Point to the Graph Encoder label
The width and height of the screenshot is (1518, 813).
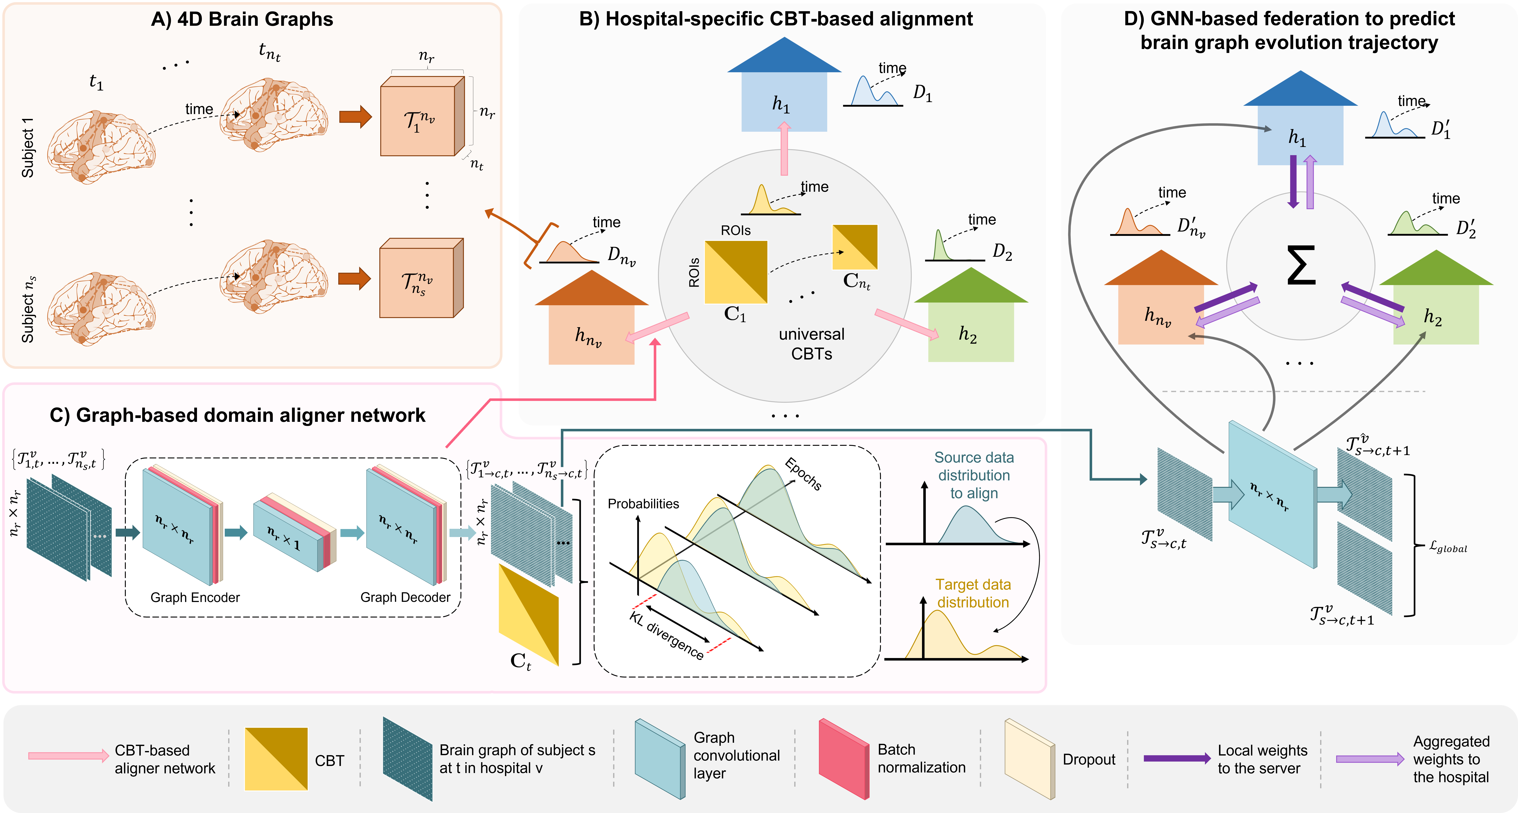195,597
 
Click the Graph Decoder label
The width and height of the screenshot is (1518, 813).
405,597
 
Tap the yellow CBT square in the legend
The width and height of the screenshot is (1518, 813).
276,759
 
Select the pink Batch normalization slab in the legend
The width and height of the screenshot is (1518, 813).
844,759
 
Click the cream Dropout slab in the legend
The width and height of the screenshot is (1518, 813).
1029,759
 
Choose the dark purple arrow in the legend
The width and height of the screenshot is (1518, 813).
1177,759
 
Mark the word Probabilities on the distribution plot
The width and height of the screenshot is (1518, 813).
643,504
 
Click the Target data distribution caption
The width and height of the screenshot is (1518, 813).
973,593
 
